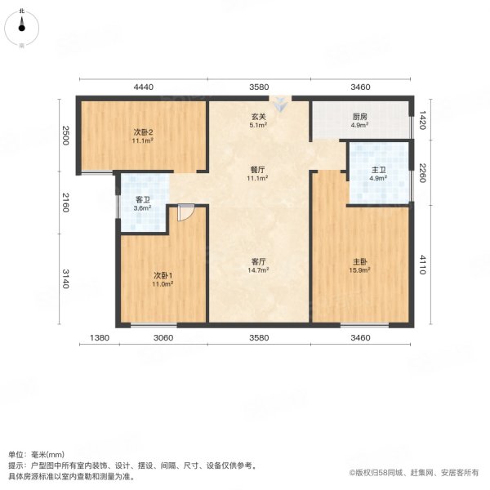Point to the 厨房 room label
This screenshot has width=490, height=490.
click(x=360, y=117)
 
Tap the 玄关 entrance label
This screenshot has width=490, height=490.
click(x=258, y=117)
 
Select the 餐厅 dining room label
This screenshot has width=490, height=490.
click(x=258, y=168)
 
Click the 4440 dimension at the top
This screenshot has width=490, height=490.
click(x=143, y=87)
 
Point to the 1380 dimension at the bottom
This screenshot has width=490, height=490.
click(x=99, y=338)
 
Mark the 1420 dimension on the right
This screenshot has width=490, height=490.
click(x=422, y=120)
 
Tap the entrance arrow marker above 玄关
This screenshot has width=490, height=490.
click(x=280, y=105)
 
